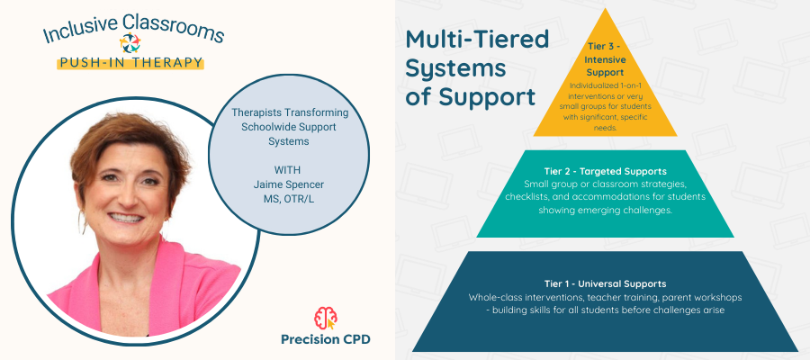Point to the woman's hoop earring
(84, 220)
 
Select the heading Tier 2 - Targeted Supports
(605, 171)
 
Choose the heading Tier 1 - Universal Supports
(605, 283)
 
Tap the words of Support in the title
(470, 96)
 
